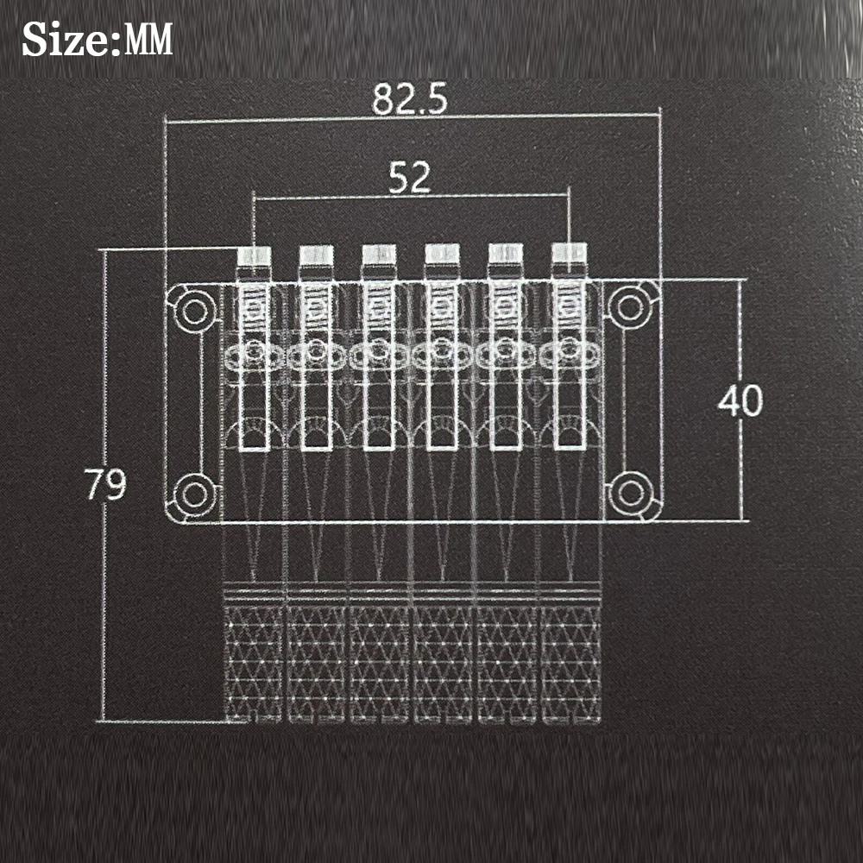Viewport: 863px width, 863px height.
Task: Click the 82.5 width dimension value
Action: click(409, 99)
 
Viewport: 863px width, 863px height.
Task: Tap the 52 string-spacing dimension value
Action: click(409, 178)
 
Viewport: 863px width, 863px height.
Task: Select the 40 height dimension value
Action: click(740, 400)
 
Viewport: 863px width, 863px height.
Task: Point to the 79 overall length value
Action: click(105, 484)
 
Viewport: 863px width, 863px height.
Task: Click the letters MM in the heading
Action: click(148, 40)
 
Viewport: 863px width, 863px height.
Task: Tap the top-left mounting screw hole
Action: click(193, 311)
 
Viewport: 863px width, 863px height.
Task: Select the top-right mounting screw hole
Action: click(631, 307)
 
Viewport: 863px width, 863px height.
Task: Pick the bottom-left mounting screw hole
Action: click(193, 494)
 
